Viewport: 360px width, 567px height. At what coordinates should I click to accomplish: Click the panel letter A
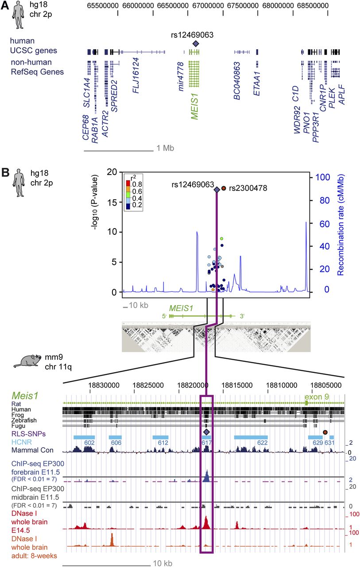point(5,6)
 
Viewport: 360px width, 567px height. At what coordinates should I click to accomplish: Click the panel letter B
point(5,173)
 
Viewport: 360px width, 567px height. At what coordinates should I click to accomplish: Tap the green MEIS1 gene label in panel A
point(194,106)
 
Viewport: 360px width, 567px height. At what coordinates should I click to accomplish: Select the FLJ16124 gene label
point(136,75)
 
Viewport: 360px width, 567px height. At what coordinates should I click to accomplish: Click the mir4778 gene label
point(181,77)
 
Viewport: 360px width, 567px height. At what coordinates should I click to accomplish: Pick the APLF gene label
point(341,95)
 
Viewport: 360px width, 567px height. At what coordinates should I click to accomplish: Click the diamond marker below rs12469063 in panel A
point(196,44)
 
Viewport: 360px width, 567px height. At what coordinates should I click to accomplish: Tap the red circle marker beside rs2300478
point(224,188)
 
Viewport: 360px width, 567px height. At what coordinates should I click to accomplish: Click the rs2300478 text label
point(248,188)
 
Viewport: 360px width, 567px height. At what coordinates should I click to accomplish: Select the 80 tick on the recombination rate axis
point(322,201)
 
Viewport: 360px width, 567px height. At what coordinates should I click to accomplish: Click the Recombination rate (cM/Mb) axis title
point(340,225)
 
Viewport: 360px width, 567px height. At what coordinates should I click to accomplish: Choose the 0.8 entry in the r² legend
point(137,184)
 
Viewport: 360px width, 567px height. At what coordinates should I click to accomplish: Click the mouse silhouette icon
point(27,361)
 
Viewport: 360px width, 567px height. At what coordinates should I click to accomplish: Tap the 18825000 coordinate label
point(148,385)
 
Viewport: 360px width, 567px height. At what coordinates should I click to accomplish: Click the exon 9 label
point(317,396)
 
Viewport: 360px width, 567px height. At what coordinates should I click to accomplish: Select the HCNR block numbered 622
point(251,437)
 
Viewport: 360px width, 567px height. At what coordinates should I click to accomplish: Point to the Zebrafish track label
point(24,420)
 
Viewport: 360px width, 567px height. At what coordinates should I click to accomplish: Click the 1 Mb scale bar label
point(165,148)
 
